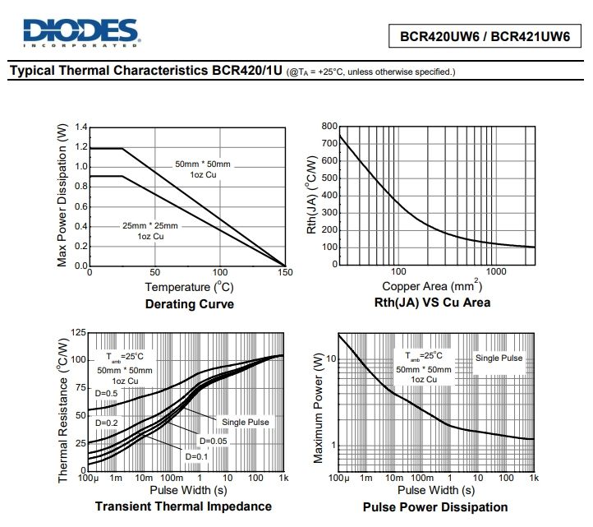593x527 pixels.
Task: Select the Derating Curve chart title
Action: (x=189, y=304)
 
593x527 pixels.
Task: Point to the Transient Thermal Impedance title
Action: (x=183, y=506)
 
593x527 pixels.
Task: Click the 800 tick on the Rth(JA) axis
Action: (x=329, y=127)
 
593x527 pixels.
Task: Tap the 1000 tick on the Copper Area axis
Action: (x=494, y=272)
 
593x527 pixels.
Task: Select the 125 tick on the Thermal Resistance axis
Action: (x=78, y=332)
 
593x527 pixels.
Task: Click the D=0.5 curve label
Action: (x=107, y=394)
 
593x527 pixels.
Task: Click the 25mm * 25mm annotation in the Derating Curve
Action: (x=150, y=225)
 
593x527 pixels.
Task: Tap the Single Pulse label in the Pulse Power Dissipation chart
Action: (x=499, y=358)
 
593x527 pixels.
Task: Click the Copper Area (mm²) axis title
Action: (x=431, y=286)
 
